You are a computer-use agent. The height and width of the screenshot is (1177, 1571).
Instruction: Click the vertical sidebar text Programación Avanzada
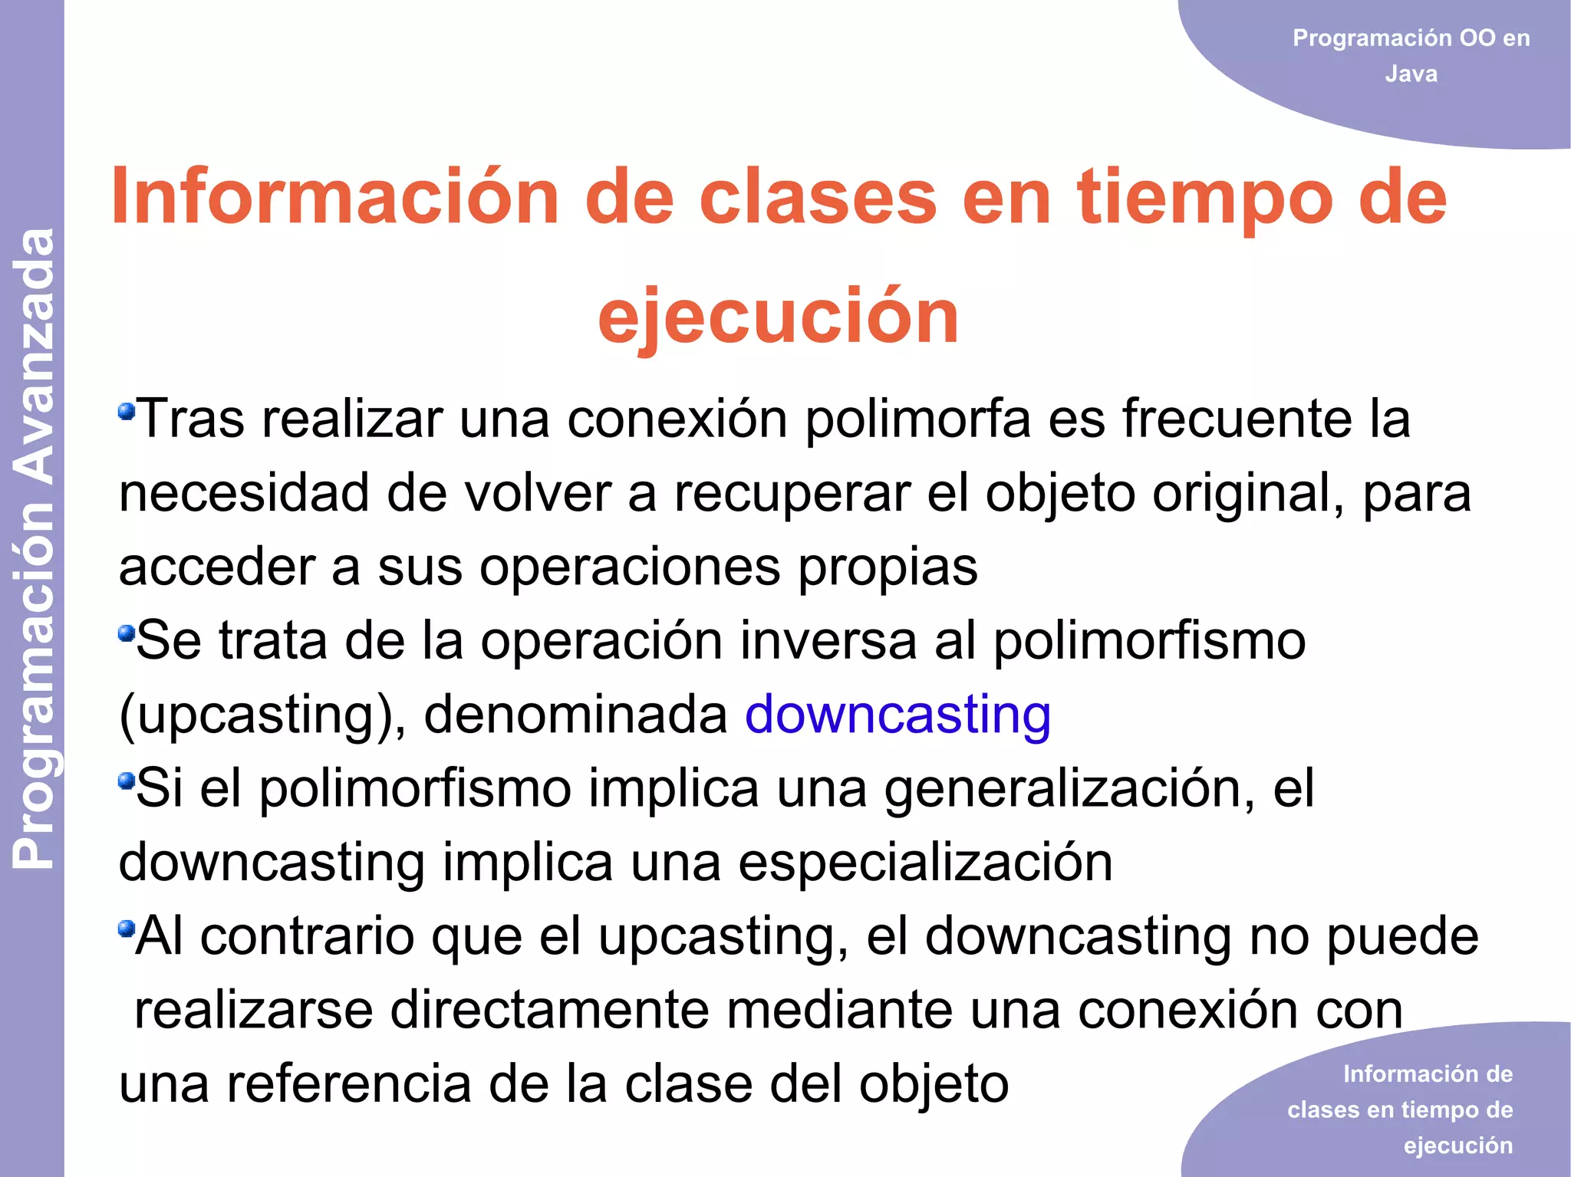(x=34, y=548)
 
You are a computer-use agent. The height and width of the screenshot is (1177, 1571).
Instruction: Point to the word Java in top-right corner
(x=1411, y=74)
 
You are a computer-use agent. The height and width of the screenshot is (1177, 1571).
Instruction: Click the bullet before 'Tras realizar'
(x=126, y=413)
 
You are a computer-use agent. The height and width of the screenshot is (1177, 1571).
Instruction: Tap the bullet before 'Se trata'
(x=126, y=633)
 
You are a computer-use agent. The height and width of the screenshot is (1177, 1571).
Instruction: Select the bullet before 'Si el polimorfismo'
(x=126, y=781)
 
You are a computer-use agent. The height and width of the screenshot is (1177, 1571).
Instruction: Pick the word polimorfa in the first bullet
(x=917, y=419)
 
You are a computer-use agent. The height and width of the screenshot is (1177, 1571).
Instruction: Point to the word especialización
(x=925, y=862)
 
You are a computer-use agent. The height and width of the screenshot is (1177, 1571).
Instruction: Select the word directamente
(x=549, y=1010)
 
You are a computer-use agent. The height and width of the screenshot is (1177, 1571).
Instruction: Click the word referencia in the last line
(x=349, y=1083)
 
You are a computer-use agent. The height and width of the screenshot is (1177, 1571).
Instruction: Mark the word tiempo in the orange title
(x=1204, y=198)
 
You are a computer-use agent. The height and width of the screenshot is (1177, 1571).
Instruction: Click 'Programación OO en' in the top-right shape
(x=1411, y=38)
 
